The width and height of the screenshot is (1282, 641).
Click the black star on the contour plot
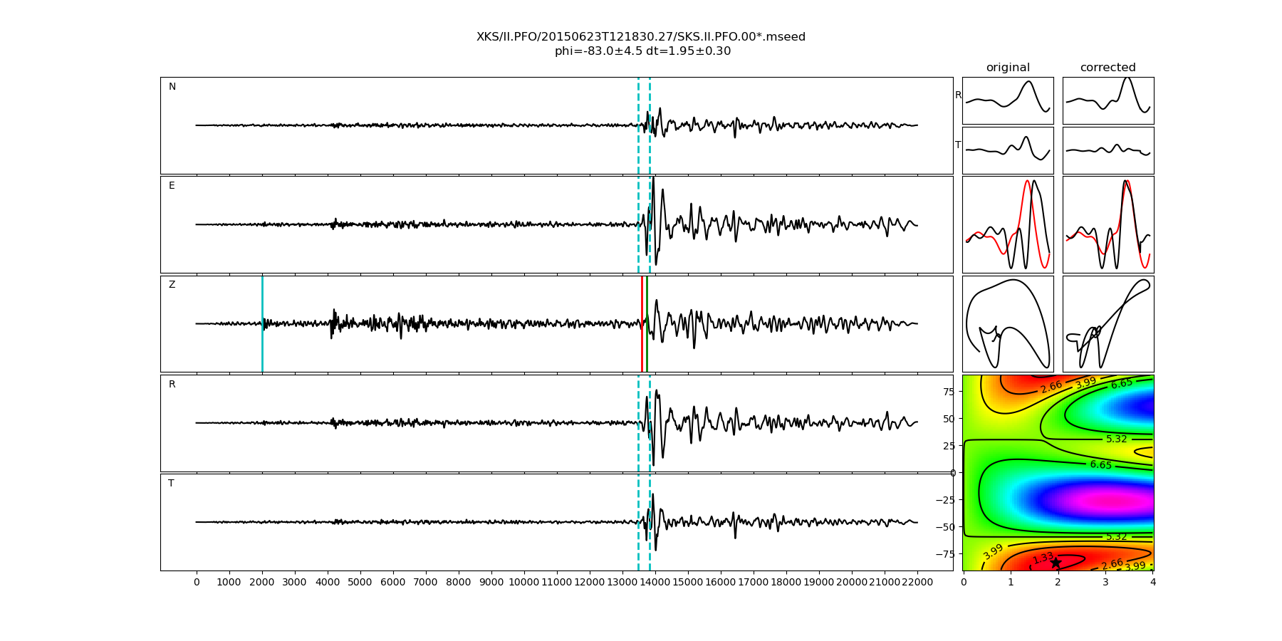pos(1056,563)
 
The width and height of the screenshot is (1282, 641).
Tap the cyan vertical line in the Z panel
pos(262,323)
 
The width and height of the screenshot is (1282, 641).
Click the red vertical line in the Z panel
pos(642,323)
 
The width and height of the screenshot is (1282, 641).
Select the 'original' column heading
pos(1008,68)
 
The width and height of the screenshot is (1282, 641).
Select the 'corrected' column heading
pos(1108,68)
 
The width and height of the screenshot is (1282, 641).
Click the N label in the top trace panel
pos(172,87)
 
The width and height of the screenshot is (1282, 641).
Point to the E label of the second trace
pos(172,186)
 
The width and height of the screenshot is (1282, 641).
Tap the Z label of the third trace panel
pos(172,285)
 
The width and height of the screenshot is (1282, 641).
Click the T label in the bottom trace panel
pos(171,484)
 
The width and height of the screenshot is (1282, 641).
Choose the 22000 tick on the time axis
pos(917,583)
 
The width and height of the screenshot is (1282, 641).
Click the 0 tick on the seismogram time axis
pos(197,583)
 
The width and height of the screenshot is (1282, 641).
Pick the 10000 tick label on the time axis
pos(524,583)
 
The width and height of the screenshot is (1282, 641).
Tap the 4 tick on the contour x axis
pos(1153,583)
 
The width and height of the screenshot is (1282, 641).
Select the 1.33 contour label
pos(1043,558)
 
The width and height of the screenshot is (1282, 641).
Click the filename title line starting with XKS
pos(641,37)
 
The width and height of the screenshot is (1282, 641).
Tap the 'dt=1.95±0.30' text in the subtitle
pos(688,51)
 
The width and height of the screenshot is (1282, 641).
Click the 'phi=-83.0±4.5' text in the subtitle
pos(598,51)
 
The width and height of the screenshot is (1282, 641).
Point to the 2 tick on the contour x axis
pos(1058,583)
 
